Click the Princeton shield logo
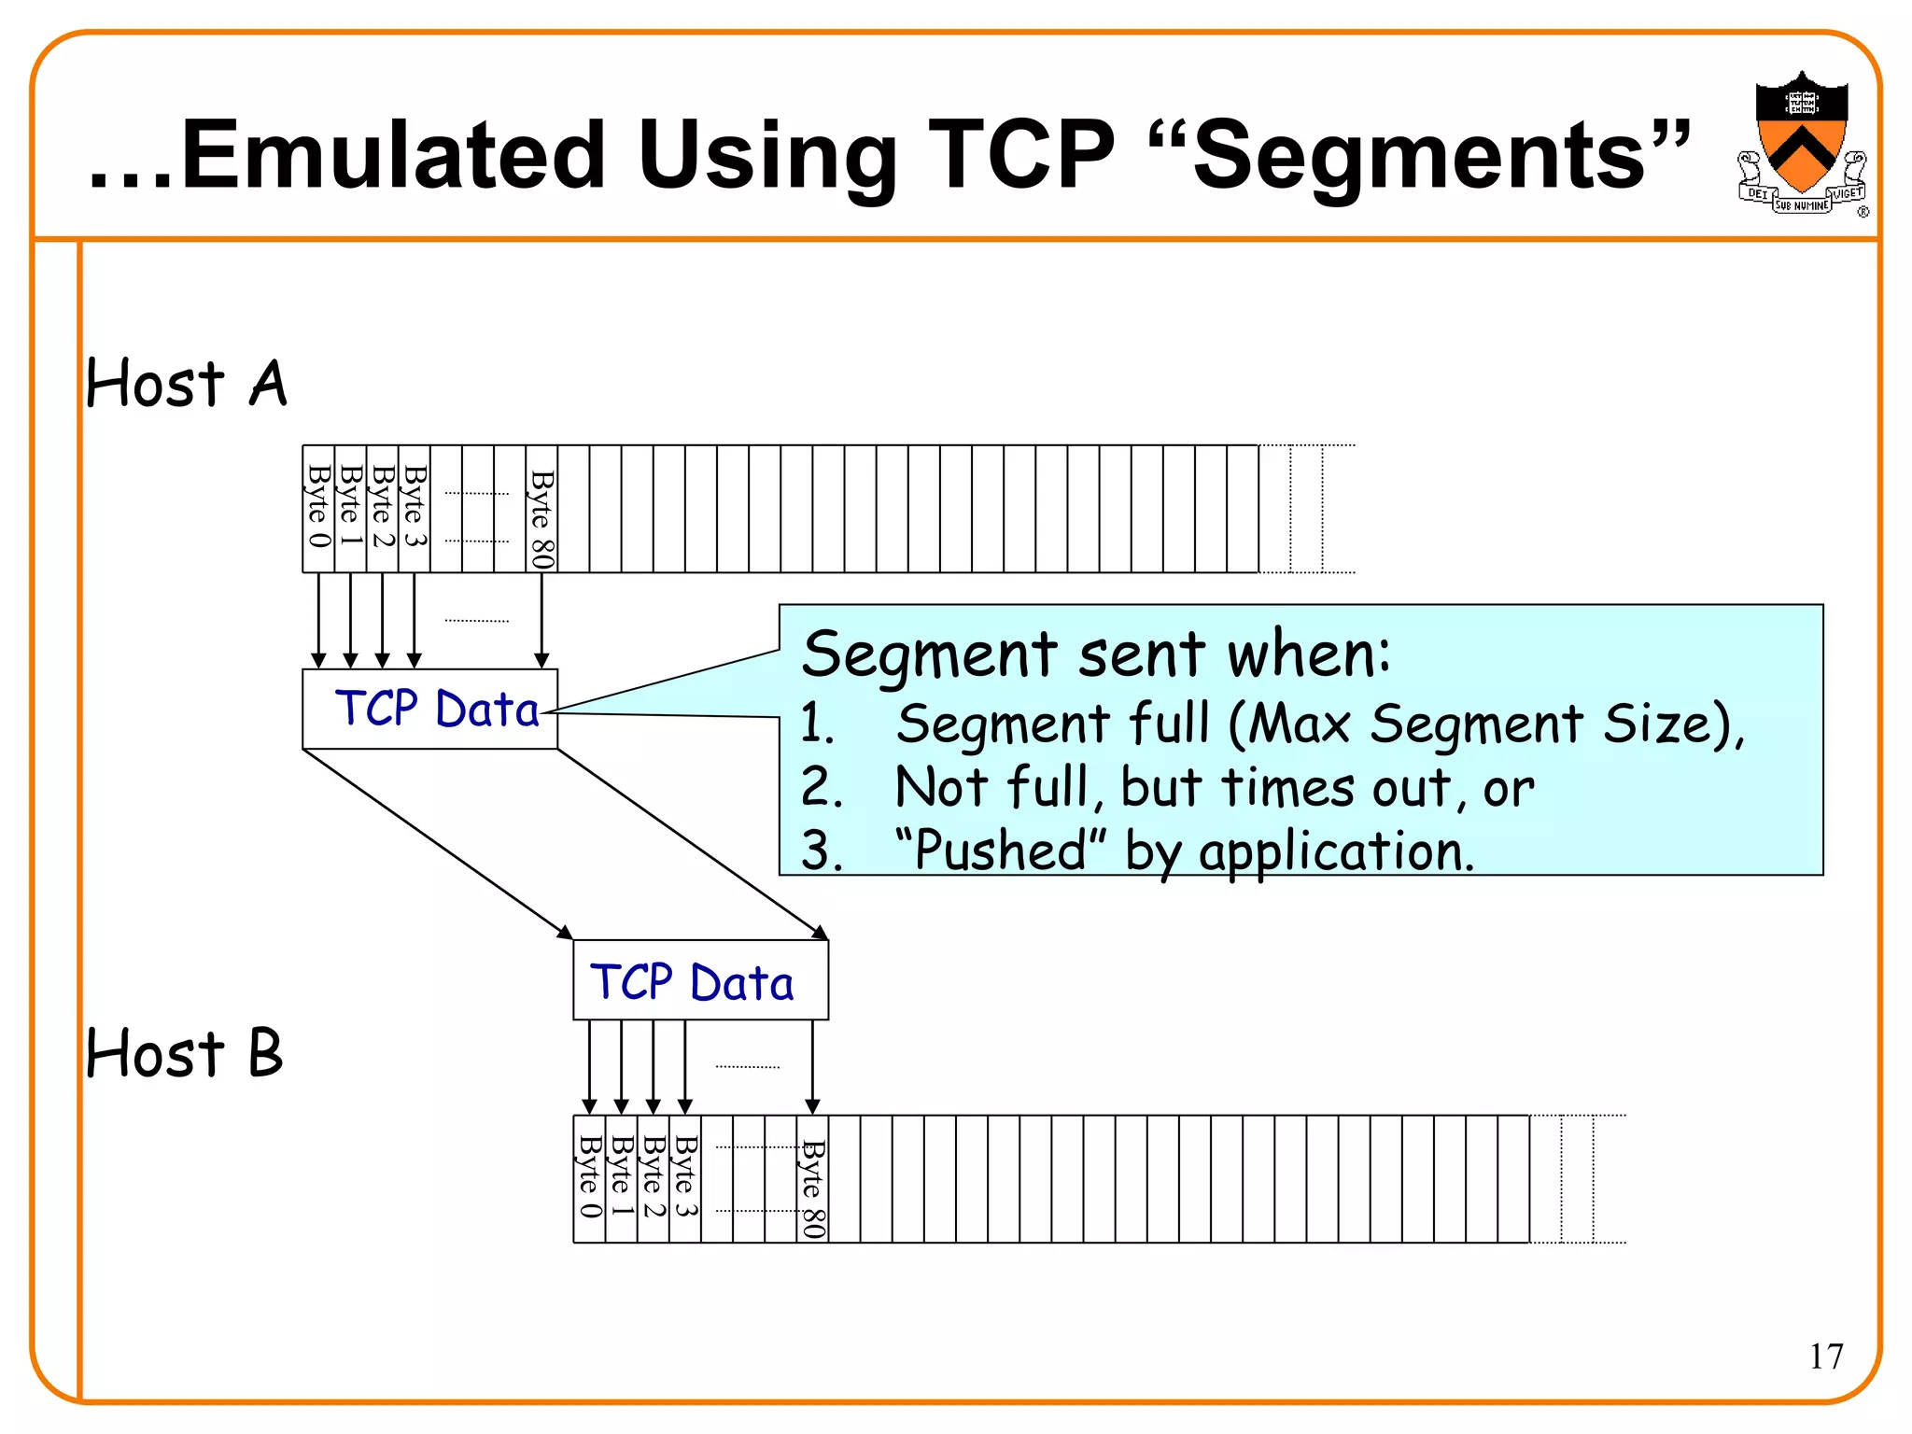(x=1801, y=145)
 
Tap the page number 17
(x=1826, y=1356)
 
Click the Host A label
(x=186, y=384)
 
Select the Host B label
(x=184, y=1053)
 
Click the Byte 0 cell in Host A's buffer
(x=318, y=509)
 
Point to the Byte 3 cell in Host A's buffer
(x=415, y=509)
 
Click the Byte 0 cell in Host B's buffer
(x=589, y=1178)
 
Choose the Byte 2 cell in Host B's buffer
(x=654, y=1178)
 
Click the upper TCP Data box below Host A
(x=430, y=709)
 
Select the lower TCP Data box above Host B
(x=700, y=981)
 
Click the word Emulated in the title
(x=393, y=155)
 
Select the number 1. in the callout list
(x=817, y=724)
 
